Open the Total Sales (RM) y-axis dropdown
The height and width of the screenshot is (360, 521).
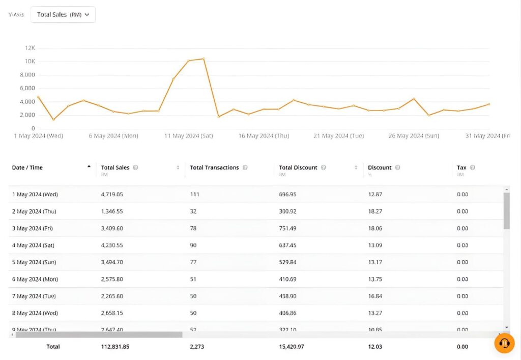[x=63, y=15]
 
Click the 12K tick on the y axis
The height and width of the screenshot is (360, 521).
[x=30, y=48]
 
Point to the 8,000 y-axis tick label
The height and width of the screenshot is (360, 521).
[x=27, y=75]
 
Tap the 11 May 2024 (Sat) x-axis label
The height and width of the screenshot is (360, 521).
[x=188, y=136]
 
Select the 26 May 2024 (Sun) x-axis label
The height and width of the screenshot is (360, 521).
[x=414, y=136]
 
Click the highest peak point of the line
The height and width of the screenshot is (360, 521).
[x=204, y=59]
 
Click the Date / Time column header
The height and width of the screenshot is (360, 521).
[x=27, y=168]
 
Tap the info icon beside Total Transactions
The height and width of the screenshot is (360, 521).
[x=245, y=168]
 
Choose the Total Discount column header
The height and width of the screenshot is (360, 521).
[x=298, y=168]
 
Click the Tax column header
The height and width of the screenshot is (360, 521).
[x=461, y=168]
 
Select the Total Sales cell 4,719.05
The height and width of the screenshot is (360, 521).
[x=112, y=195]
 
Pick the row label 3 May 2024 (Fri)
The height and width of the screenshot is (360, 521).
[x=34, y=228]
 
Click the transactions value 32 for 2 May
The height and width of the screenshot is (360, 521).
[x=193, y=211]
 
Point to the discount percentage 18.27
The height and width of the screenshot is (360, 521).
[x=375, y=211]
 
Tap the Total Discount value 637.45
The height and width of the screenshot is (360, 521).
[x=287, y=245]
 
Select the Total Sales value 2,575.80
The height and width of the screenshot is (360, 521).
[x=112, y=279]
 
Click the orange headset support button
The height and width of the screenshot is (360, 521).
[x=504, y=343]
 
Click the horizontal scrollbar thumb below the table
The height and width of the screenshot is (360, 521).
[x=99, y=335]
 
